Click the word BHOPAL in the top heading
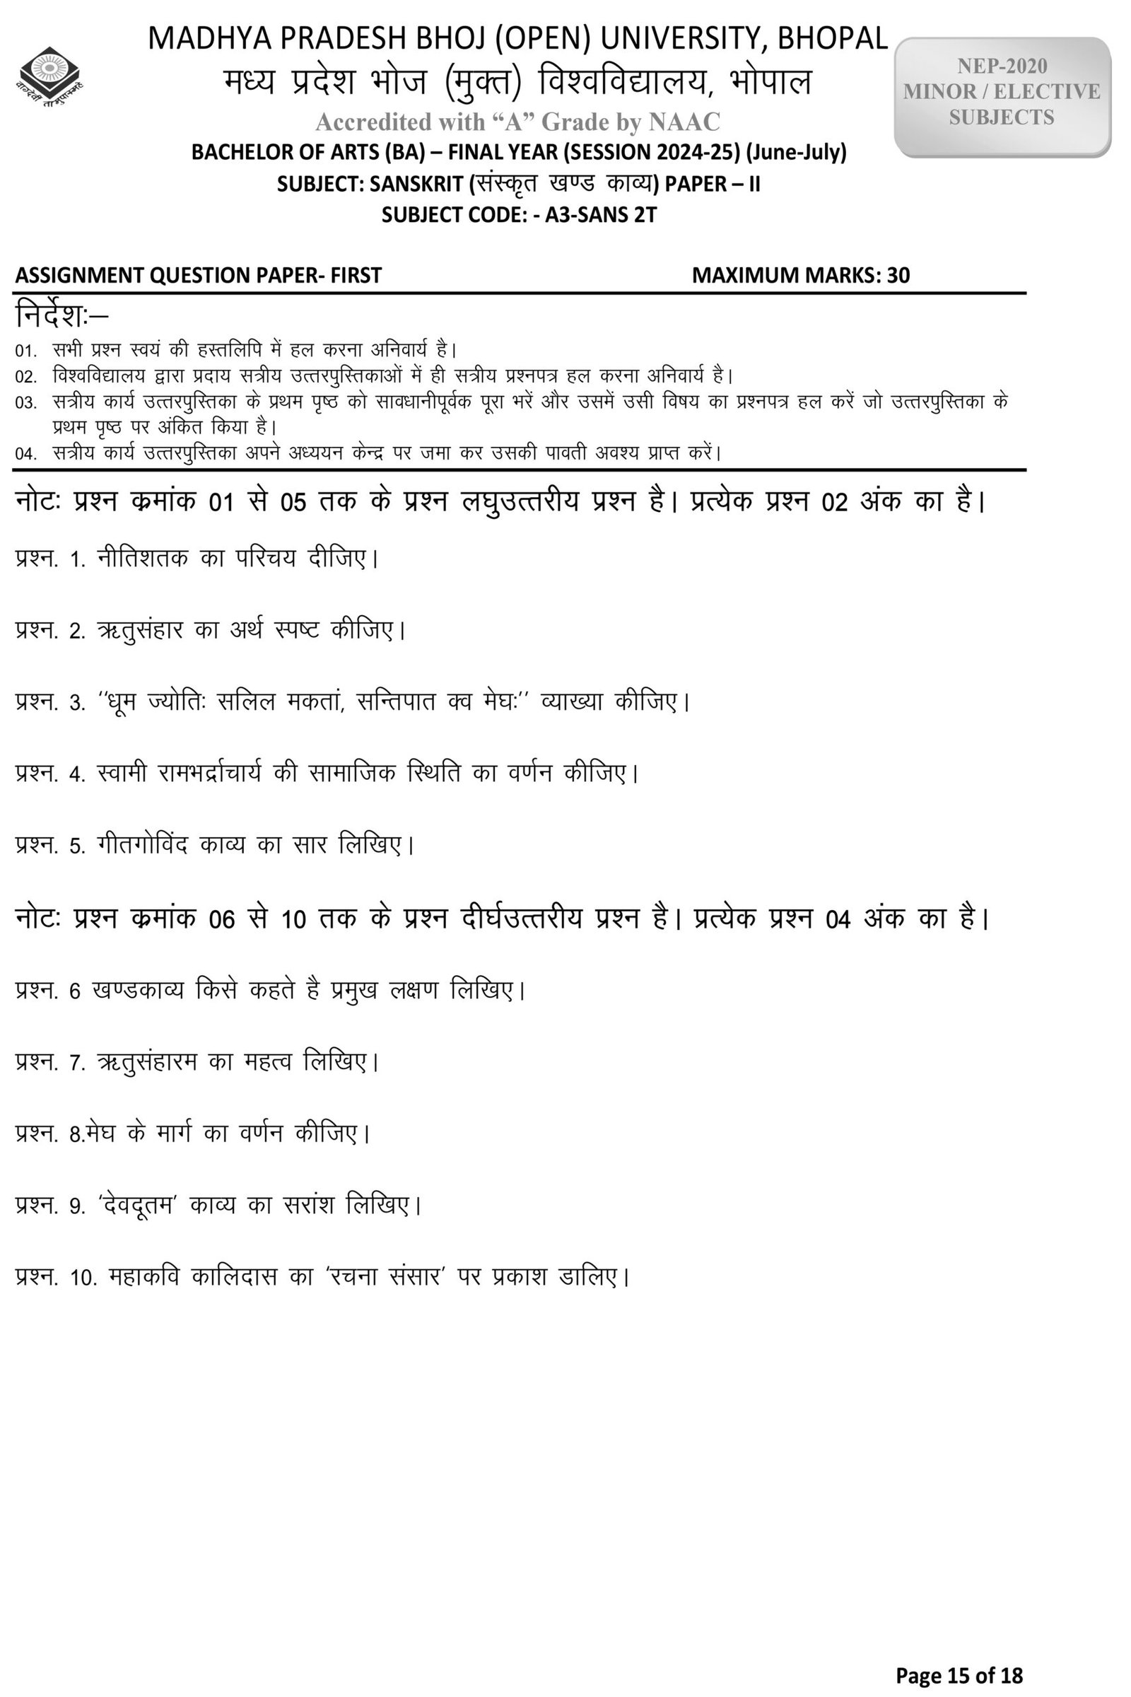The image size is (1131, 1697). pyautogui.click(x=837, y=39)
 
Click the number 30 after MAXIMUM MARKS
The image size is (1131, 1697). pyautogui.click(x=898, y=275)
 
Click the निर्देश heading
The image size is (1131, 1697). pyautogui.click(x=61, y=316)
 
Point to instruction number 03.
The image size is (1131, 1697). pyautogui.click(x=26, y=402)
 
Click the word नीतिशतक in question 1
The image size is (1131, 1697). pyautogui.click(x=142, y=558)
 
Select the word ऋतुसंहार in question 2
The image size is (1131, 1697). pyautogui.click(x=139, y=630)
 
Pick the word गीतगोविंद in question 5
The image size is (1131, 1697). pyautogui.click(x=141, y=844)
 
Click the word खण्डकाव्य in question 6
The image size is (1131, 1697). pyautogui.click(x=138, y=990)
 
